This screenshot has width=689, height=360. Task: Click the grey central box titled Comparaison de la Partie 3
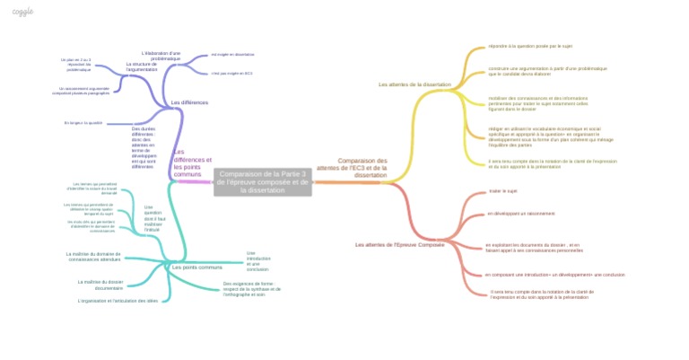pos(264,181)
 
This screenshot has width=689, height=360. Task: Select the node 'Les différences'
pos(189,103)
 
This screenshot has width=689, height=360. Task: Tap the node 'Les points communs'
pos(196,268)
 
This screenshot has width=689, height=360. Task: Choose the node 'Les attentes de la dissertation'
pos(414,84)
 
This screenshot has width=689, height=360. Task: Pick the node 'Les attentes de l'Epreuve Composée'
pos(400,244)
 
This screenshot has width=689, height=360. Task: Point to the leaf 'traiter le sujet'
pos(503,190)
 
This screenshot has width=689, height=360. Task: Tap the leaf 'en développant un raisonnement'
pos(521,214)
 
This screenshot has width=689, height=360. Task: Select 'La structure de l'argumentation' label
pos(142,66)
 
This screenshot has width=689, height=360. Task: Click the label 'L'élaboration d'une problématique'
pos(161,56)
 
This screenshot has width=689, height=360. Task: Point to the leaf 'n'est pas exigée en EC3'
pos(231,74)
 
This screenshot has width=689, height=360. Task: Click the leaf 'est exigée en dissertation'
pos(232,54)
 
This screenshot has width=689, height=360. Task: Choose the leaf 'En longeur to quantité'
pos(83,122)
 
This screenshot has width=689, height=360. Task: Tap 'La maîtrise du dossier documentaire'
pos(100,285)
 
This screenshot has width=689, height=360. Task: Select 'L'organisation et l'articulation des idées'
pos(118,300)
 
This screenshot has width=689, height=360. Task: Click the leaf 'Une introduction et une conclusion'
pos(257,260)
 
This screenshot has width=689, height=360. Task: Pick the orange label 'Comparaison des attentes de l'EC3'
pos(352,167)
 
